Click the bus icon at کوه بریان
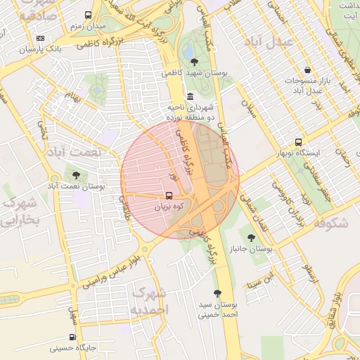(x=169, y=195)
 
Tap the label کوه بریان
(x=169, y=207)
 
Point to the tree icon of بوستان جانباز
(x=251, y=238)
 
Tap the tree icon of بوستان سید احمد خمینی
(x=217, y=293)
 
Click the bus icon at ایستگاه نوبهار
(x=299, y=141)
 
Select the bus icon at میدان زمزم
(x=88, y=15)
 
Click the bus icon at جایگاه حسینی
(x=56, y=335)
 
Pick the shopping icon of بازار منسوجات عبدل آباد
(x=308, y=70)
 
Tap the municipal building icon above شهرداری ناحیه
(x=190, y=96)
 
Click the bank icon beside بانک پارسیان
(x=40, y=38)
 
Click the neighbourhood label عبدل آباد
(x=267, y=41)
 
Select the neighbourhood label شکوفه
(x=331, y=224)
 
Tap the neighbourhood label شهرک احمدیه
(x=150, y=300)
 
